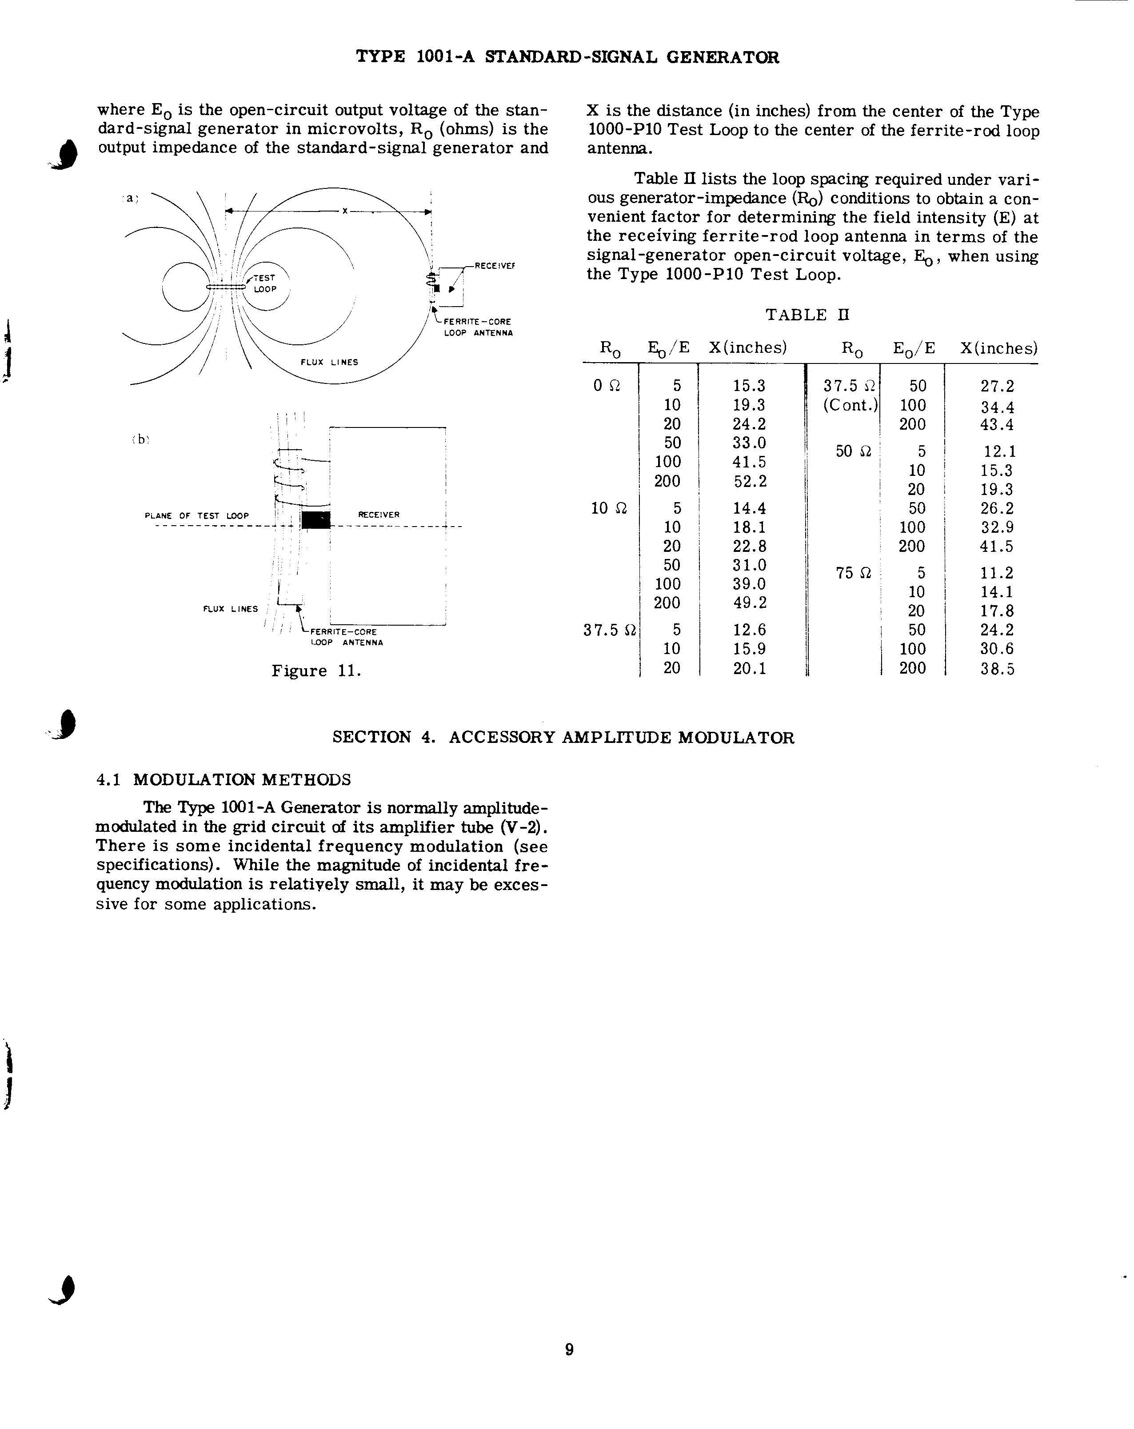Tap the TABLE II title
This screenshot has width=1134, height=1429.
tap(807, 315)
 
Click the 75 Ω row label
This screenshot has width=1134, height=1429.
tap(854, 573)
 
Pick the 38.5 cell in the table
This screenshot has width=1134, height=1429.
tap(997, 669)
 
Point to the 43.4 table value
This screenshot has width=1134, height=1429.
tap(997, 424)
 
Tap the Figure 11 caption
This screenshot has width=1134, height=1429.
tap(316, 671)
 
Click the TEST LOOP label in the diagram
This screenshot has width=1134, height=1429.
tap(264, 283)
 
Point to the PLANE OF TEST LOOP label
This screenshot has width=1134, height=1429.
tap(197, 516)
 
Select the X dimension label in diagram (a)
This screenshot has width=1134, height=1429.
tap(345, 211)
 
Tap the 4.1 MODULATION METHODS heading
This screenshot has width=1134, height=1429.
tap(224, 779)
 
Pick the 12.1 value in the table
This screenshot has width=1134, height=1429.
tap(999, 451)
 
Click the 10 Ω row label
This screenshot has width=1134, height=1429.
tap(608, 508)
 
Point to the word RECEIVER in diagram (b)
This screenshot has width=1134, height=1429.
tap(379, 515)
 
